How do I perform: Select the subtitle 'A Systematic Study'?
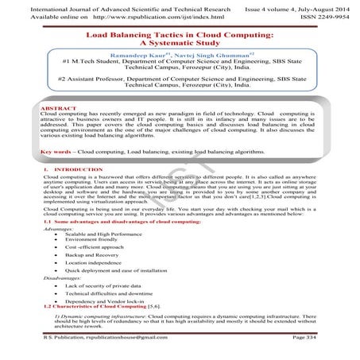point(179,46)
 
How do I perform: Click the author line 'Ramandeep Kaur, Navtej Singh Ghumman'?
point(179,58)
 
